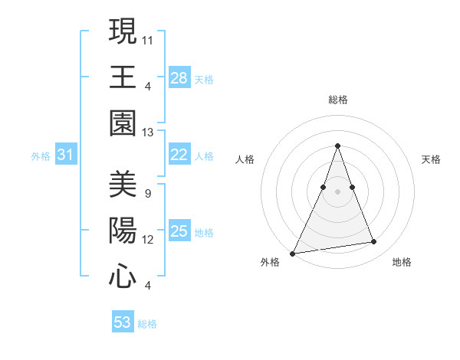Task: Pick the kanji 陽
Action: pyautogui.click(x=123, y=231)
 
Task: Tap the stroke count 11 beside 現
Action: pyautogui.click(x=148, y=38)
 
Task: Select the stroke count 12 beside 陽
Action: pyautogui.click(x=148, y=239)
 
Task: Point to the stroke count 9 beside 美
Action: pyautogui.click(x=147, y=192)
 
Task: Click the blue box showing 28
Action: pyautogui.click(x=179, y=78)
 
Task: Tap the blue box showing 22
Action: pyautogui.click(x=179, y=155)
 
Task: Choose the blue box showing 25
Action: pyautogui.click(x=179, y=231)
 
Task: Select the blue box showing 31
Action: pyautogui.click(x=66, y=155)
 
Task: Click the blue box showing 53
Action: pyautogui.click(x=123, y=322)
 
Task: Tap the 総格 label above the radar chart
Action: pyautogui.click(x=337, y=100)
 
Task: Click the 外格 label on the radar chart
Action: pyautogui.click(x=270, y=262)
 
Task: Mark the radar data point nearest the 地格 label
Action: pyautogui.click(x=374, y=242)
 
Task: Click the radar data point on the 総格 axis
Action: pyautogui.click(x=337, y=146)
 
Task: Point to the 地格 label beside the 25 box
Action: pyautogui.click(x=204, y=233)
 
